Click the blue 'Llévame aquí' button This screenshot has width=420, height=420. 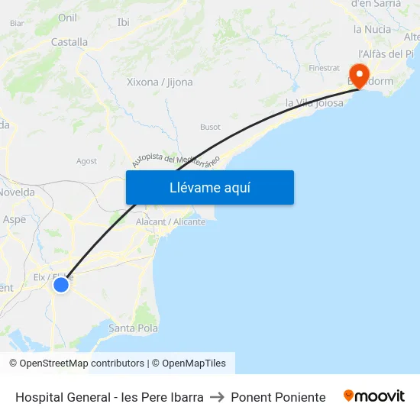(x=209, y=187)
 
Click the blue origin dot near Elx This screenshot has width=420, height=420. (x=60, y=285)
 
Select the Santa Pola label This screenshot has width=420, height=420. (x=133, y=328)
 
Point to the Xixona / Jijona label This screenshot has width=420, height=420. (x=160, y=82)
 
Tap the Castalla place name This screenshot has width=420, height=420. (x=69, y=42)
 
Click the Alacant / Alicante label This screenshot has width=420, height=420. (x=170, y=221)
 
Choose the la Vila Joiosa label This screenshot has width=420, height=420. (x=314, y=102)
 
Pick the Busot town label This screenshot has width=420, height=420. (x=210, y=127)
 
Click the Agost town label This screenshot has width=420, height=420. (x=86, y=161)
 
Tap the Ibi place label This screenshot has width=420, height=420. (x=123, y=22)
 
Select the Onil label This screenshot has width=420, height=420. (x=67, y=18)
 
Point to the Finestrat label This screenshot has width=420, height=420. (x=324, y=68)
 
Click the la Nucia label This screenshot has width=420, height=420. (x=372, y=29)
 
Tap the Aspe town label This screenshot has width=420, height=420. (x=14, y=219)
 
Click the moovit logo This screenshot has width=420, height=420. (x=373, y=396)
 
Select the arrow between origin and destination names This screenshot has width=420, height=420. (x=217, y=397)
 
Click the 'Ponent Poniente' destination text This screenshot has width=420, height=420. (x=278, y=397)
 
